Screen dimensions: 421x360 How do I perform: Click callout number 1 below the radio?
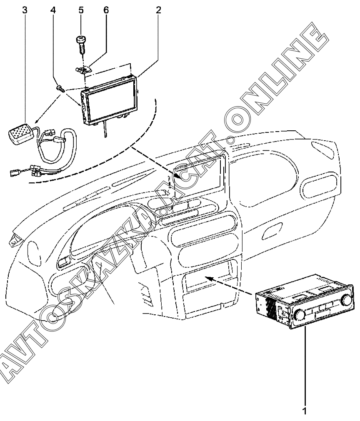pyautogui.click(x=305, y=411)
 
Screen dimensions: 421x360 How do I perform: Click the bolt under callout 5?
pyautogui.click(x=81, y=44)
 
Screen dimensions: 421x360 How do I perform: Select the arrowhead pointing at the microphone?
pyautogui.click(x=30, y=124)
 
